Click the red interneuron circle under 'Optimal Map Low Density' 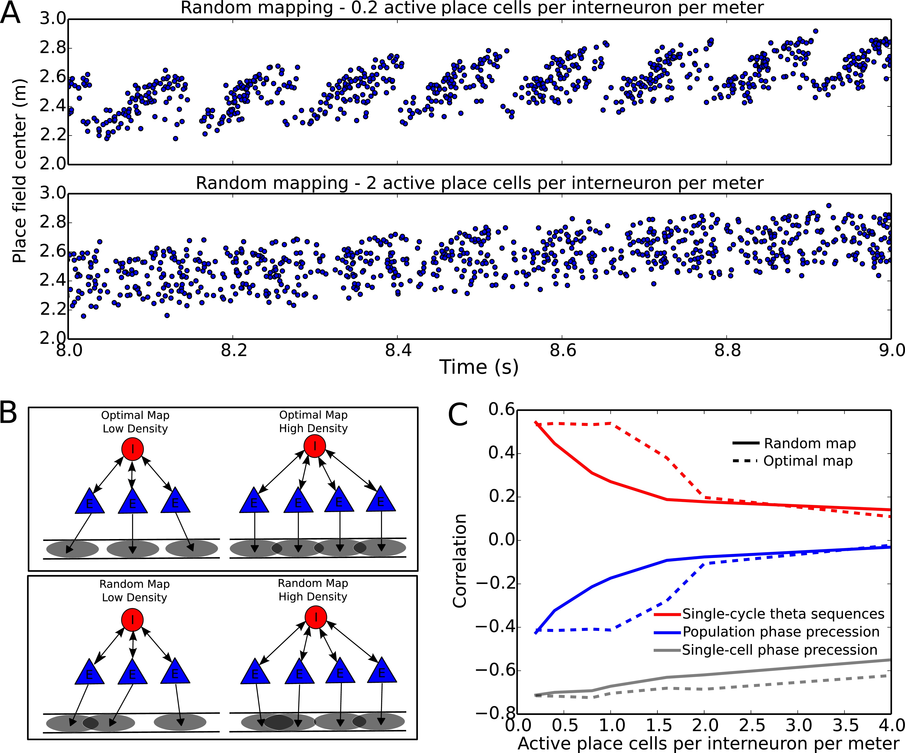coord(133,449)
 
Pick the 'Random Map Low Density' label coord(134,590)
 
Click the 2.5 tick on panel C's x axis coord(752,725)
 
